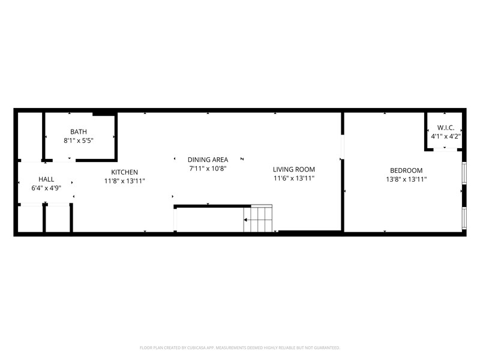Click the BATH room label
(x=79, y=132)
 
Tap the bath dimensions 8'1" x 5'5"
(x=79, y=140)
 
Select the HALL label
(x=46, y=179)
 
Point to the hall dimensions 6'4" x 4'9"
(x=46, y=188)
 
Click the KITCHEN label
(x=125, y=172)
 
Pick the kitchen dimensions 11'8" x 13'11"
(x=125, y=181)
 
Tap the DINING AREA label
(x=208, y=160)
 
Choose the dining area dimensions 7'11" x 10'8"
(x=208, y=168)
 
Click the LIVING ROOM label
(x=294, y=169)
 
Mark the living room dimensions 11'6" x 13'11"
(x=294, y=178)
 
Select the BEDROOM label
(x=406, y=170)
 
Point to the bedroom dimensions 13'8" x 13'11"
(x=406, y=179)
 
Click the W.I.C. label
(x=445, y=128)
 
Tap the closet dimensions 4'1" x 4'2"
(x=445, y=136)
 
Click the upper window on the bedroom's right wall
(x=464, y=173)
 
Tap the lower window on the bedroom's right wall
(x=464, y=218)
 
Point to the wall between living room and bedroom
(x=343, y=198)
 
